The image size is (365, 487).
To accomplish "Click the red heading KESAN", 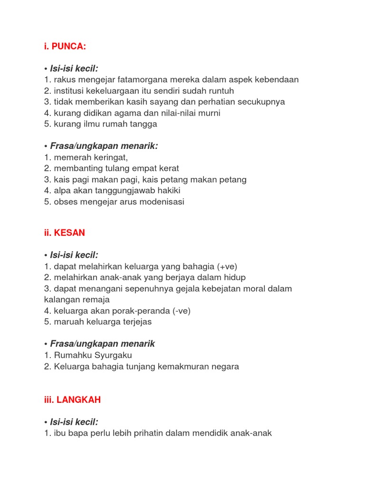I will tap(69, 233).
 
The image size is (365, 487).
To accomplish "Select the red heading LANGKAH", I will tap(78, 400).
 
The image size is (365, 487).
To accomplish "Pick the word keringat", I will tap(111, 157).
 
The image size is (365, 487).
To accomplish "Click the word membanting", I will tap(77, 168).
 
